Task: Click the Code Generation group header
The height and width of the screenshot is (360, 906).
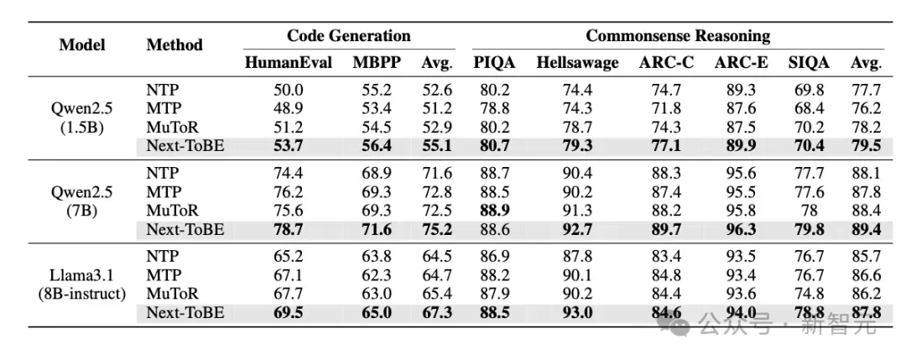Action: point(348,36)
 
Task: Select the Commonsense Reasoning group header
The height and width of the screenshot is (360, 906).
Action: point(678,36)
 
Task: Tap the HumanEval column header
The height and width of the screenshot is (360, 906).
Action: point(289,62)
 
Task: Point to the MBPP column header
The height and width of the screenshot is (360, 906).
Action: point(377,62)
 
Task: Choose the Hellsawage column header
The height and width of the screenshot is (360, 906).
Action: point(577,62)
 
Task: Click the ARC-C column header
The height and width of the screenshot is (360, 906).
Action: point(666,62)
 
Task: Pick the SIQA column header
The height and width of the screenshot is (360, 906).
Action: point(809,62)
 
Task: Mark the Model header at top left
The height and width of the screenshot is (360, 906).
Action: point(82,44)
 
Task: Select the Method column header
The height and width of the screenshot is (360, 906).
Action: point(174,44)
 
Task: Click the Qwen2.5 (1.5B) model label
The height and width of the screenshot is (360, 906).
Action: point(82,117)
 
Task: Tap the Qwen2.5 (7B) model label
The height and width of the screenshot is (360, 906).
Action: point(82,201)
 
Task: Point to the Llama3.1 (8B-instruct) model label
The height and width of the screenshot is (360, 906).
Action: point(82,284)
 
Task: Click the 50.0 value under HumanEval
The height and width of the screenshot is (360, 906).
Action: point(289,90)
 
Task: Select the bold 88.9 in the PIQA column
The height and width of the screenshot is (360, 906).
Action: point(494,211)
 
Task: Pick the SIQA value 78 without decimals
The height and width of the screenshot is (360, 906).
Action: point(809,211)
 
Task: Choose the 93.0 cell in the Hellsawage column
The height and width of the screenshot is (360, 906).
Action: point(577,313)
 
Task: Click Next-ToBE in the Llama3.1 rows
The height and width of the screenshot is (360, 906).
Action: point(185,313)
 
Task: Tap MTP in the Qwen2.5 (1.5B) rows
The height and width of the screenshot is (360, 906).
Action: point(164,108)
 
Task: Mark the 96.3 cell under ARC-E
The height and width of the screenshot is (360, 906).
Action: point(742,229)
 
